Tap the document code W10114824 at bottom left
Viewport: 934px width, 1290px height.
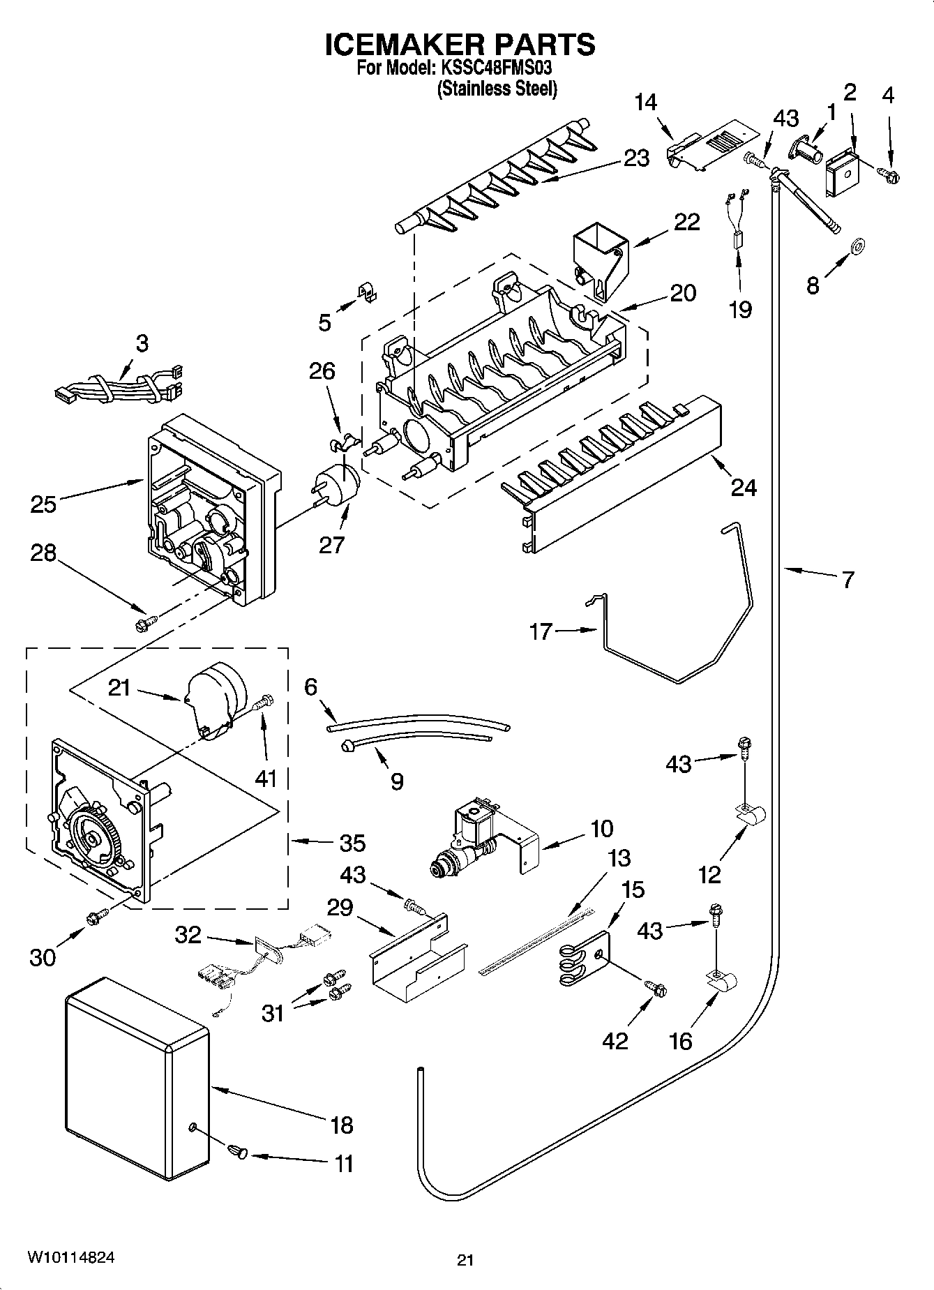pos(72,1257)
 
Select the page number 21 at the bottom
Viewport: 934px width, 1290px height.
pos(465,1260)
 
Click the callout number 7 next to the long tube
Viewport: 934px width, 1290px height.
pos(847,580)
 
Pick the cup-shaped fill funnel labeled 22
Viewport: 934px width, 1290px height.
pos(599,258)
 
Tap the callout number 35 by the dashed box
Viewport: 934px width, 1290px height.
pos(352,843)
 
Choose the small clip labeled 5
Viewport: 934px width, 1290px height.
pos(367,292)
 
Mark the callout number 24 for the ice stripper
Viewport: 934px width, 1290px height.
pos(744,488)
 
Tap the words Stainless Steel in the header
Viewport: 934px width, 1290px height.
pos(497,89)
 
